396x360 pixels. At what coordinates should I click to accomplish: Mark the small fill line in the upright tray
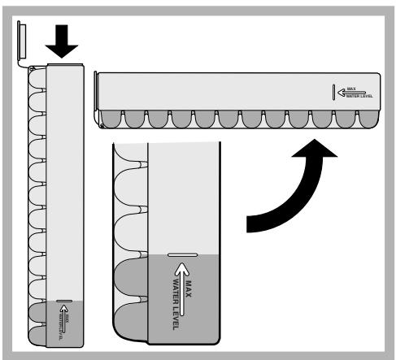pyautogui.click(x=64, y=302)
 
